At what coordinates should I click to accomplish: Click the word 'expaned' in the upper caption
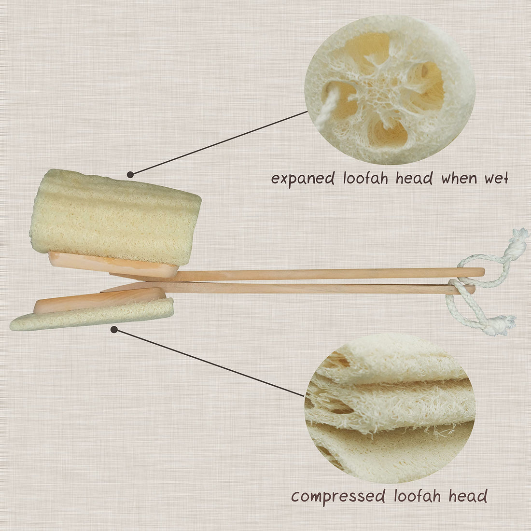pyautogui.click(x=303, y=179)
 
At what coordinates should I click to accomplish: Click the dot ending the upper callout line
pyautogui.click(x=130, y=174)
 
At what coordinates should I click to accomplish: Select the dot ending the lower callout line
pyautogui.click(x=114, y=330)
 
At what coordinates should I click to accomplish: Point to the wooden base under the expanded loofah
pyautogui.click(x=113, y=264)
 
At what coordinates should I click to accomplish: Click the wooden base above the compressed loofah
pyautogui.click(x=99, y=299)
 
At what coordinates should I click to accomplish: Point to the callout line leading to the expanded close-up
pyautogui.click(x=220, y=142)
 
